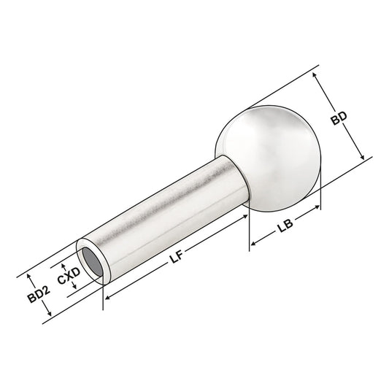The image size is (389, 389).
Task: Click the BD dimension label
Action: click(337, 119)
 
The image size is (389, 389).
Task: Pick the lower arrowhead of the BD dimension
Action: click(361, 159)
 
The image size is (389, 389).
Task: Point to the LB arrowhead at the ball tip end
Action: click(317, 209)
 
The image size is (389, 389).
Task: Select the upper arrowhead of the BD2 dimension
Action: click(30, 276)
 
